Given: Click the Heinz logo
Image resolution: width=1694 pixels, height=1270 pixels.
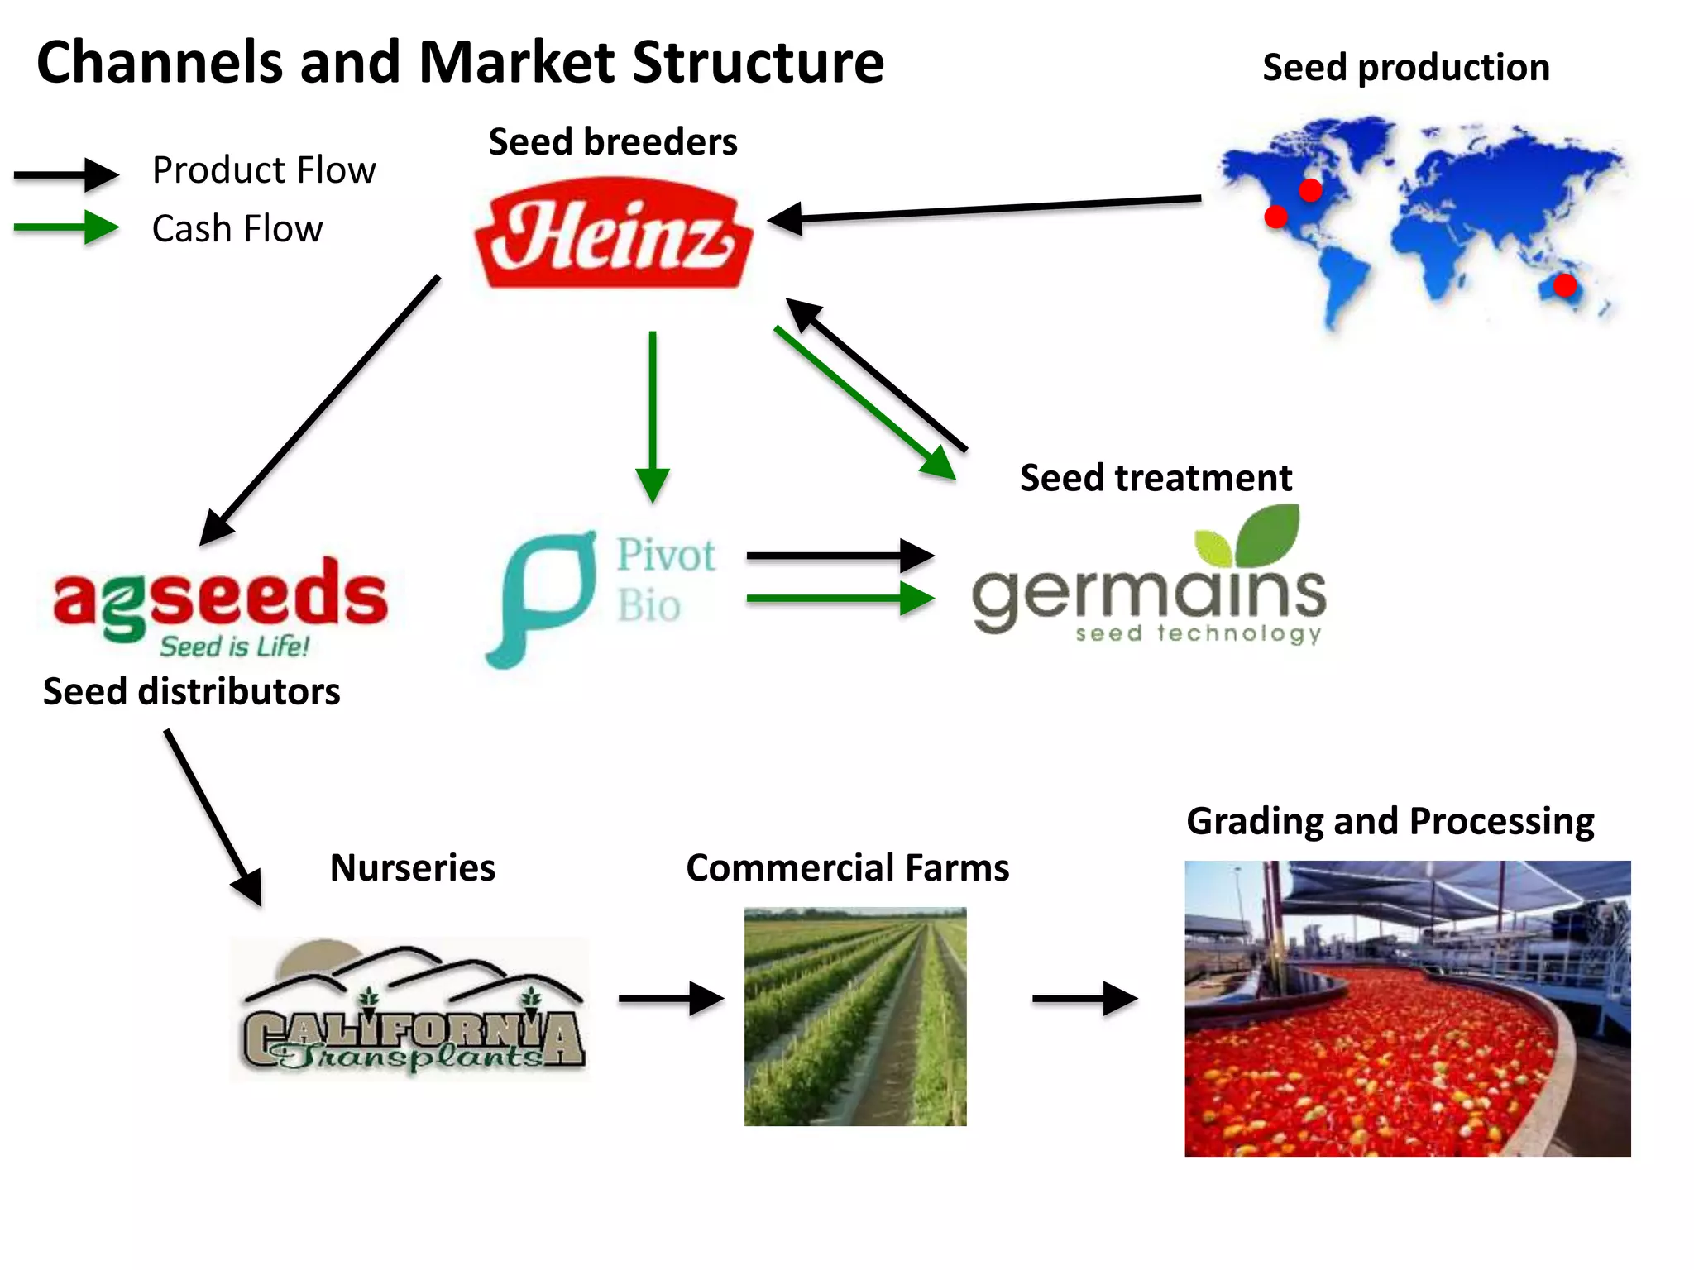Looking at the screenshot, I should pos(613,234).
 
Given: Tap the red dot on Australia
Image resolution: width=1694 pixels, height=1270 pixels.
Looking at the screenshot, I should pos(1564,285).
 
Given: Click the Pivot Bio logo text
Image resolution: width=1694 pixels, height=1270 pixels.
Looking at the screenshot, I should pos(665,579).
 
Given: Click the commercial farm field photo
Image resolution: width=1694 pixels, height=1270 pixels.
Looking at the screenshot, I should pos(855,1017).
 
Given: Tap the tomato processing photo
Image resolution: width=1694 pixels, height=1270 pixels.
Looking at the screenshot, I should pos(1407,1009).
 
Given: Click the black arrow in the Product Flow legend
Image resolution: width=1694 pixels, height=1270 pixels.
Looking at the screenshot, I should pos(66,174).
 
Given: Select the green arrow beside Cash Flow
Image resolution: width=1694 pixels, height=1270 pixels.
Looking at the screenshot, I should pos(66,227).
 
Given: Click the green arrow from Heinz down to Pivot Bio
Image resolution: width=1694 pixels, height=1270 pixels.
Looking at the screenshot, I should pos(653,413).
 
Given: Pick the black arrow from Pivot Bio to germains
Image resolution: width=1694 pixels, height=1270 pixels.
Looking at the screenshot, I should pos(840,556).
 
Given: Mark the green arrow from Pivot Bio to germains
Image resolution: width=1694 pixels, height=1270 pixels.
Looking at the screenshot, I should pos(840,599).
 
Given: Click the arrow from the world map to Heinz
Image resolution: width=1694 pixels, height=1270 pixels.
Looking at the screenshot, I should pos(984,208).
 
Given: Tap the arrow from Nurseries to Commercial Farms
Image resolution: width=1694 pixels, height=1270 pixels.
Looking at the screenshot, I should pos(671,999).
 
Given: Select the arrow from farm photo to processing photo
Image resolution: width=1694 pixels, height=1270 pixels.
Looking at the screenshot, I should pos(1084,999).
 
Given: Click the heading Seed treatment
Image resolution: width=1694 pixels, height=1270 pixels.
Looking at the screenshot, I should pos(1156,478).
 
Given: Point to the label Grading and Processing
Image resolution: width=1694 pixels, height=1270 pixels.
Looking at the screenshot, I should pos(1390,821).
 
